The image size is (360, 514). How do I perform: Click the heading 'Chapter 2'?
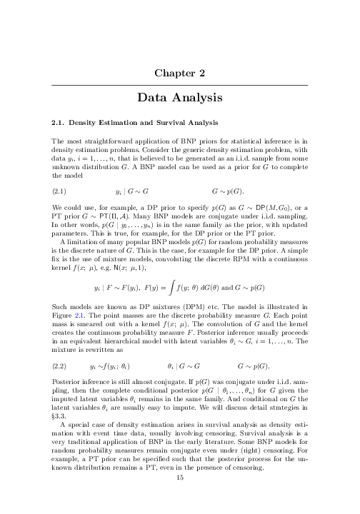[179, 71]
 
